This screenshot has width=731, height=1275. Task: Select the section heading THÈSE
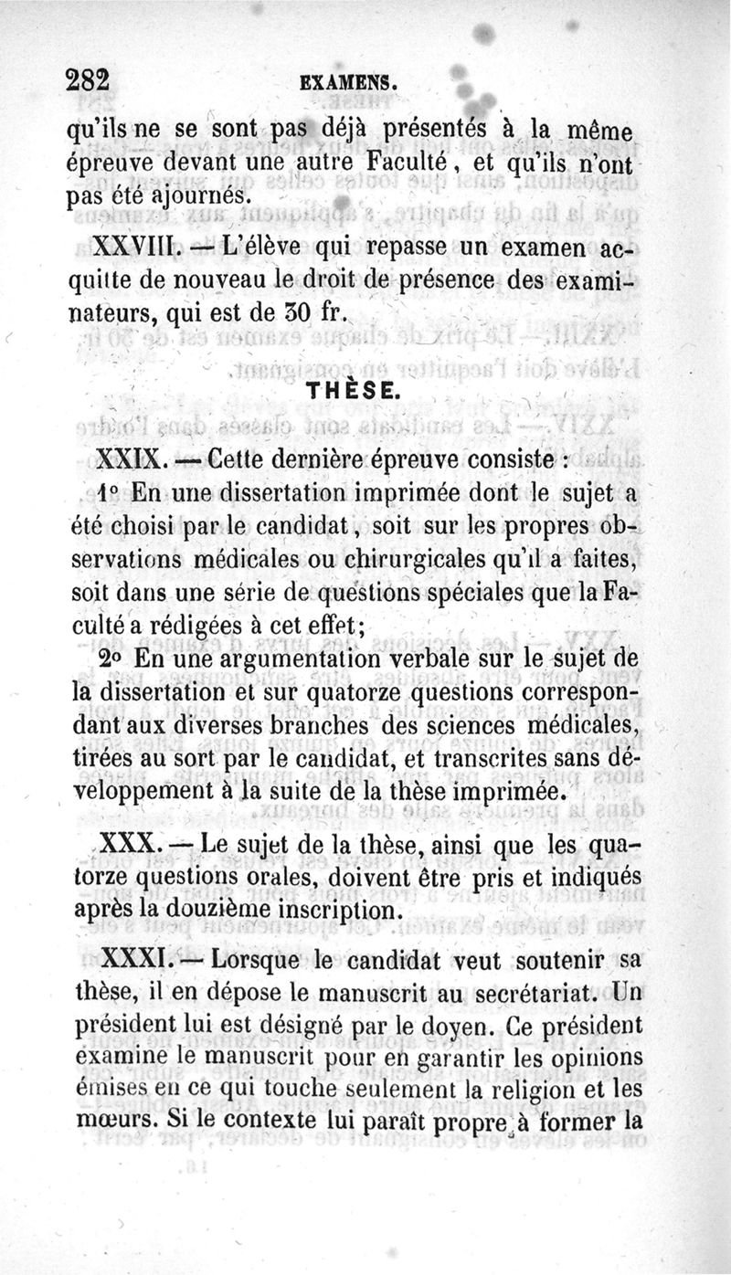(x=350, y=392)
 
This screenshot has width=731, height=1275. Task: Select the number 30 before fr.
(x=295, y=312)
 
